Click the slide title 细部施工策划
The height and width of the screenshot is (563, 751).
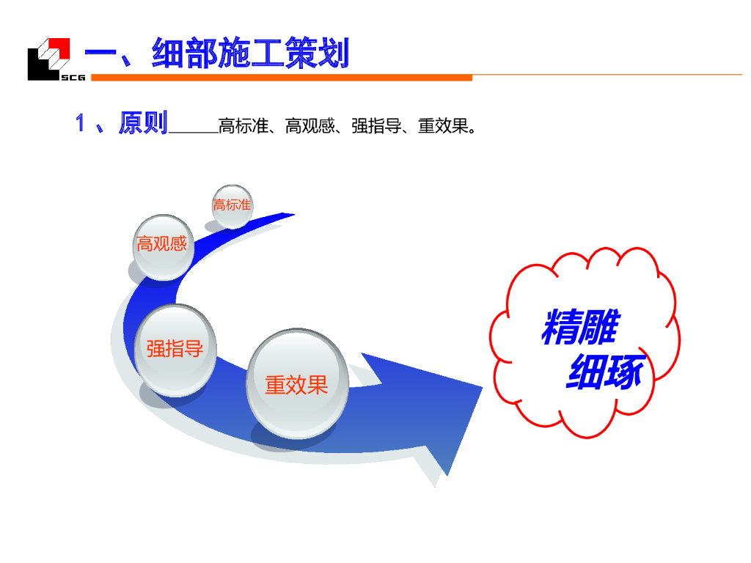pos(249,54)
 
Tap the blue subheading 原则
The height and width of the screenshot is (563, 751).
pos(143,123)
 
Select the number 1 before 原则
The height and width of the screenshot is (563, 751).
pos(81,124)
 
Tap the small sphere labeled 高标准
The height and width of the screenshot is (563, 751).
pos(232,205)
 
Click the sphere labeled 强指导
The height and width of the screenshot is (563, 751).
pos(175,350)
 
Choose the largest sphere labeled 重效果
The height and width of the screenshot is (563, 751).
pos(296,384)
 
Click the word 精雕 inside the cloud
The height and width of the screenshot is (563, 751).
pos(579,327)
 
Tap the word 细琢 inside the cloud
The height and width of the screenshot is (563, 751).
pos(605,372)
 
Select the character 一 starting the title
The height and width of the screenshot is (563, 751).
pos(103,54)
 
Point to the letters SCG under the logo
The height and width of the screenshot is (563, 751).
pos(73,76)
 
